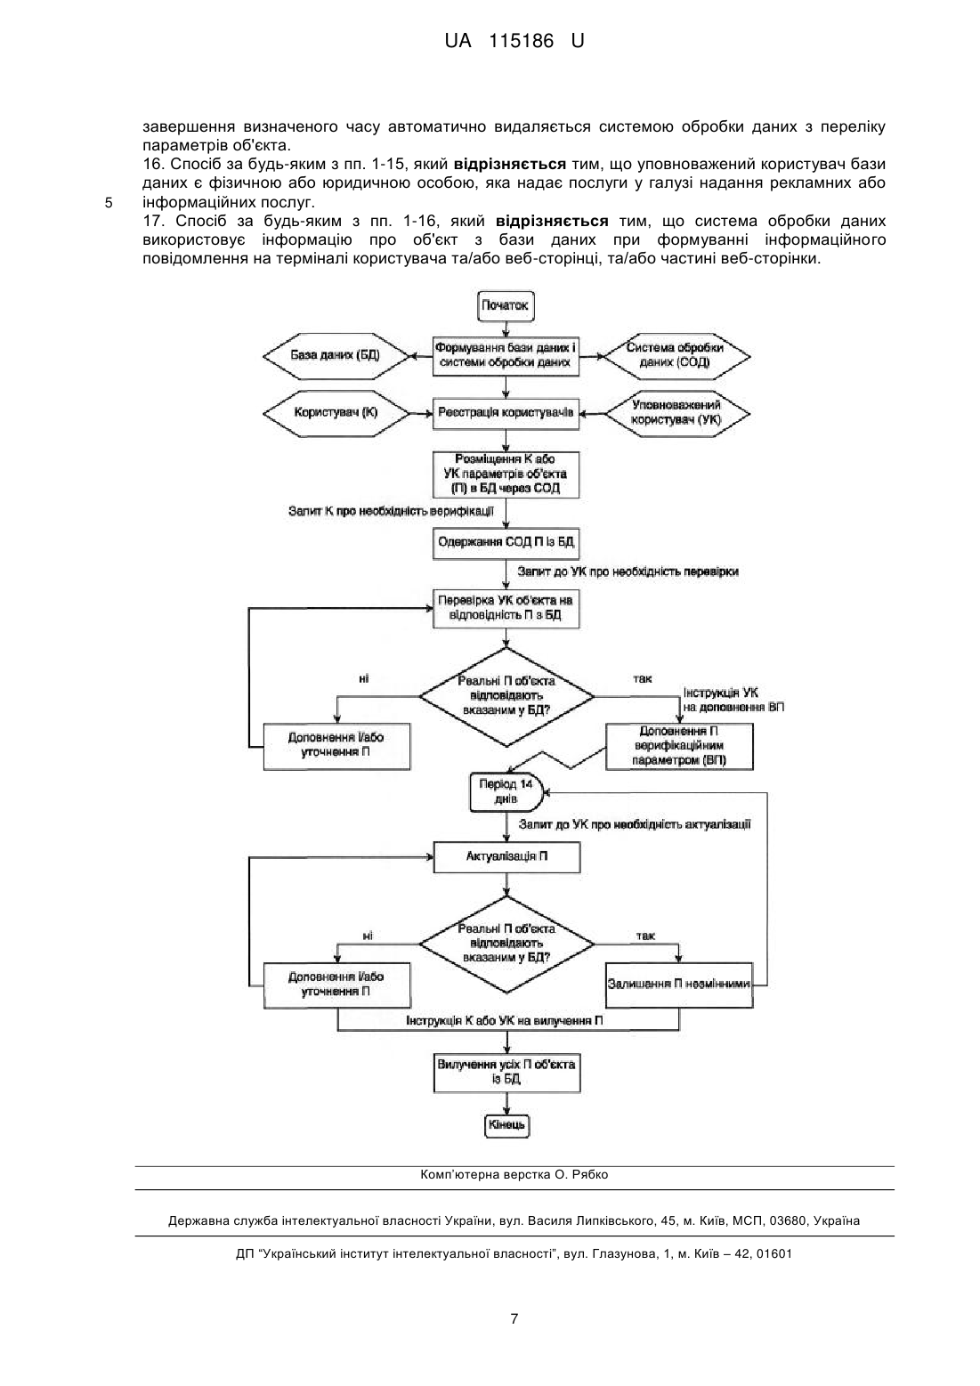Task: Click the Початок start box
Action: pyautogui.click(x=506, y=305)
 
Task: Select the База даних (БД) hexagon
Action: pyautogui.click(x=336, y=356)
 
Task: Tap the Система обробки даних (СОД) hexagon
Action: pyautogui.click(x=676, y=356)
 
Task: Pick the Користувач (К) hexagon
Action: pyautogui.click(x=336, y=413)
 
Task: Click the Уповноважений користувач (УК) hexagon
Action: pyautogui.click(x=676, y=413)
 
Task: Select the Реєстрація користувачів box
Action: pyautogui.click(x=506, y=413)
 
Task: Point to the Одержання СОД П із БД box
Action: pyautogui.click(x=506, y=543)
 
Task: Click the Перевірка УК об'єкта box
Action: pyautogui.click(x=506, y=608)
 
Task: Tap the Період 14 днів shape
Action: pyautogui.click(x=506, y=792)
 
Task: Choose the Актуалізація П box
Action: pyautogui.click(x=506, y=857)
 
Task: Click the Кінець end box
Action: pyautogui.click(x=506, y=1124)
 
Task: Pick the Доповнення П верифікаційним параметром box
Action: pyautogui.click(x=678, y=746)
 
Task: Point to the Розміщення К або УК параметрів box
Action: pyautogui.click(x=506, y=474)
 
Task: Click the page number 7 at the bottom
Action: pyautogui.click(x=514, y=1318)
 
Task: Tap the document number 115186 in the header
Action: pyautogui.click(x=521, y=41)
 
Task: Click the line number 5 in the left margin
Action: pyautogui.click(x=109, y=203)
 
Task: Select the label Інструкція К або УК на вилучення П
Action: pyautogui.click(x=504, y=1020)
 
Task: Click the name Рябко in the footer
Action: pyautogui.click(x=589, y=1174)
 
